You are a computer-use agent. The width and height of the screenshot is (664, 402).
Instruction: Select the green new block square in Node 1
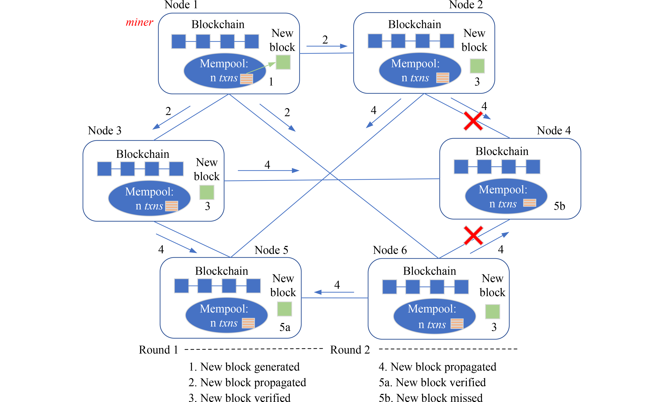283,62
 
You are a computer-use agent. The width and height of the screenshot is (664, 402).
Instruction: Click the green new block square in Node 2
477,66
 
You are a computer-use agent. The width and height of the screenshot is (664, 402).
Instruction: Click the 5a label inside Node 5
285,327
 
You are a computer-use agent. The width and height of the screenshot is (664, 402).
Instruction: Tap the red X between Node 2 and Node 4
473,121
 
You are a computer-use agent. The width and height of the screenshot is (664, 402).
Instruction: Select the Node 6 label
390,250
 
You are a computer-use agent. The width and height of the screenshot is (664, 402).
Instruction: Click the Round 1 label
158,350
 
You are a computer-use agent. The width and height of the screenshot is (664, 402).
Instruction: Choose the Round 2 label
350,350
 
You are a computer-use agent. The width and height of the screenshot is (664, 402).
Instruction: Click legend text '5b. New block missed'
431,398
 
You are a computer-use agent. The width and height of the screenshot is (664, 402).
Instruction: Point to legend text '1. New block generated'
244,367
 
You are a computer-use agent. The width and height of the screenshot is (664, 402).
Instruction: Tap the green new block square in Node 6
492,312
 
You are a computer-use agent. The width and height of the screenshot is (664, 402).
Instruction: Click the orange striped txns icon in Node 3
172,206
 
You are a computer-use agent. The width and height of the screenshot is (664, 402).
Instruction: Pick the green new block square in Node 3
207,192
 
